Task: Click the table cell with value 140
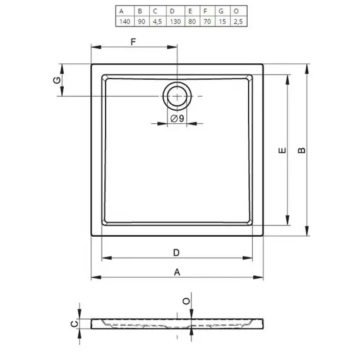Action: pyautogui.click(x=125, y=21)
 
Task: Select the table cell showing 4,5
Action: pyautogui.click(x=157, y=21)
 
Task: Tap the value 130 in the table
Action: pyautogui.click(x=175, y=21)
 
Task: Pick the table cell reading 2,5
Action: pyautogui.click(x=238, y=21)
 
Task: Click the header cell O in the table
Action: pyautogui.click(x=236, y=11)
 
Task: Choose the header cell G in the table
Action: pyautogui.click(x=221, y=11)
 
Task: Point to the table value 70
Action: pyautogui.click(x=207, y=21)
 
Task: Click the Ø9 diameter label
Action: pyautogui.click(x=177, y=119)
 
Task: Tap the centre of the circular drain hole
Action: pyautogui.click(x=177, y=96)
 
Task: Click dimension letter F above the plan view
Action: pyautogui.click(x=133, y=42)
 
